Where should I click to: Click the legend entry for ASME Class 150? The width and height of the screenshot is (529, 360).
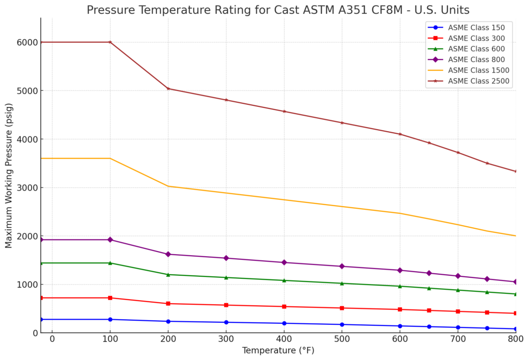coord(472,27)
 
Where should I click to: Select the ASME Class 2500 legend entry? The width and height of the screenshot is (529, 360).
coord(478,81)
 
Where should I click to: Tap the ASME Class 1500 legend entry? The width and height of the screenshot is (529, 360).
coord(478,70)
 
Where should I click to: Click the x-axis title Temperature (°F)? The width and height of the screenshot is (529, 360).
coord(278,351)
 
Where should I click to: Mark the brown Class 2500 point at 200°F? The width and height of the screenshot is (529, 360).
coord(168,88)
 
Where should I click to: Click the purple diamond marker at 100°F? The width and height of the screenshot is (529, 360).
coord(110,240)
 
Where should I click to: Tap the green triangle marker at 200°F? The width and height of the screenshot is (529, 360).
coord(168,274)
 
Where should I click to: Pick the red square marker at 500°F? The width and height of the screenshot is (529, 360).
coord(342,308)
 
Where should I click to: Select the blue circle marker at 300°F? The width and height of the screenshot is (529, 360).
coord(226,322)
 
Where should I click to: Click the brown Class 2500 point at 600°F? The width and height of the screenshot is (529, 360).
coord(400,134)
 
